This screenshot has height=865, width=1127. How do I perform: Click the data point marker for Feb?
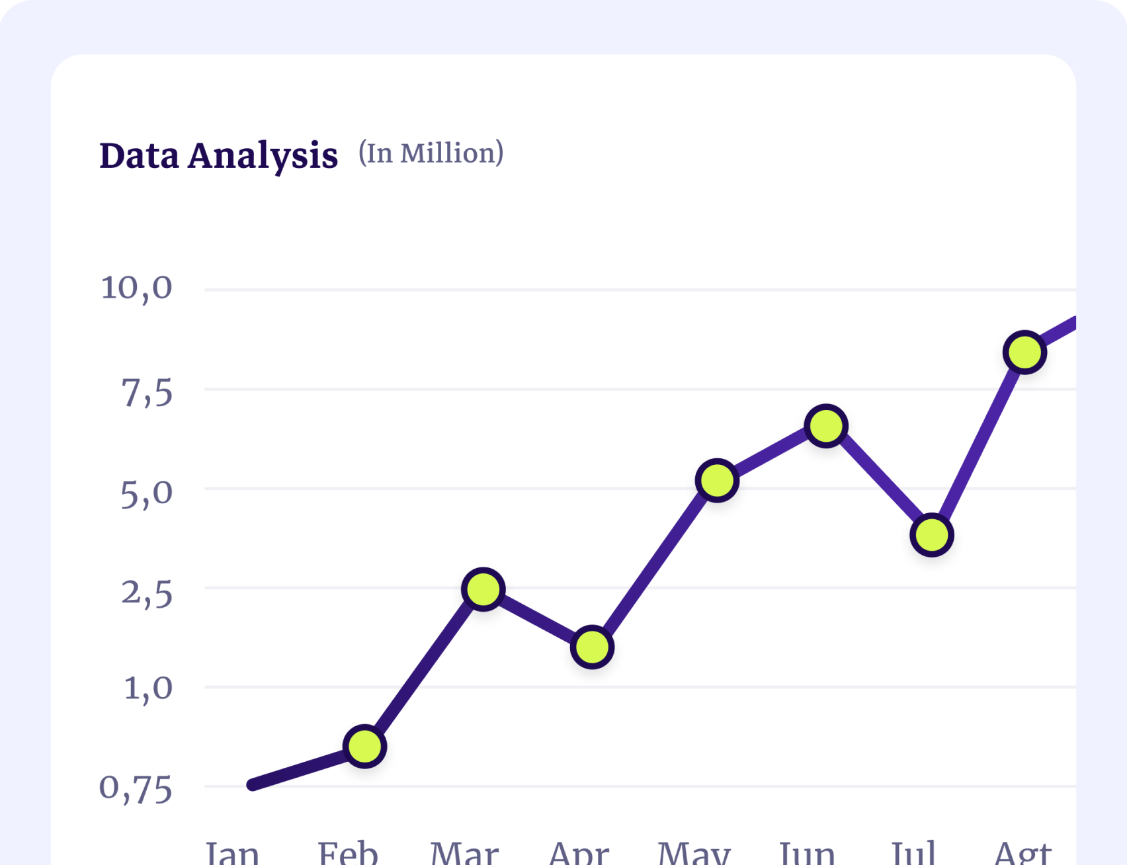pyautogui.click(x=364, y=746)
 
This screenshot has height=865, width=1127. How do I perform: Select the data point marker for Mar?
pyautogui.click(x=483, y=589)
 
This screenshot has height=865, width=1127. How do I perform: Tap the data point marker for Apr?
pyautogui.click(x=592, y=647)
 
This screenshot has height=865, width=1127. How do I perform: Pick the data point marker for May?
pyautogui.click(x=717, y=480)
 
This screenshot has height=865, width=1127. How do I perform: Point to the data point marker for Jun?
pyautogui.click(x=826, y=426)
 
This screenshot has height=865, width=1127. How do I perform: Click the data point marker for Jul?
pyautogui.click(x=931, y=535)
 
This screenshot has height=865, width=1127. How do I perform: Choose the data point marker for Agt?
pyautogui.click(x=1024, y=352)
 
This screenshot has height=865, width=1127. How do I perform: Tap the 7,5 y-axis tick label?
pyautogui.click(x=146, y=393)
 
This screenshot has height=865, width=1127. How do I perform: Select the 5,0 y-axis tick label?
pyautogui.click(x=146, y=493)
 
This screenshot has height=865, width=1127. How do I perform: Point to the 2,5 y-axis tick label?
pyautogui.click(x=146, y=593)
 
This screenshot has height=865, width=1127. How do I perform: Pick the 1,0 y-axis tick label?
pyautogui.click(x=148, y=688)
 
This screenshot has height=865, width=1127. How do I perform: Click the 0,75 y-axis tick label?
pyautogui.click(x=136, y=788)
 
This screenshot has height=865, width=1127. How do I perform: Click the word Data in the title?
pyautogui.click(x=139, y=156)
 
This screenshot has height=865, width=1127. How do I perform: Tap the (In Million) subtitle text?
pyautogui.click(x=431, y=153)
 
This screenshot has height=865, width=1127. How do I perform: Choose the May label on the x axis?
pyautogui.click(x=694, y=853)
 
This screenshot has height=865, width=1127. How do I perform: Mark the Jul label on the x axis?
pyautogui.click(x=913, y=853)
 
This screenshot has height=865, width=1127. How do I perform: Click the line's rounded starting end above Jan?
pyautogui.click(x=252, y=785)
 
